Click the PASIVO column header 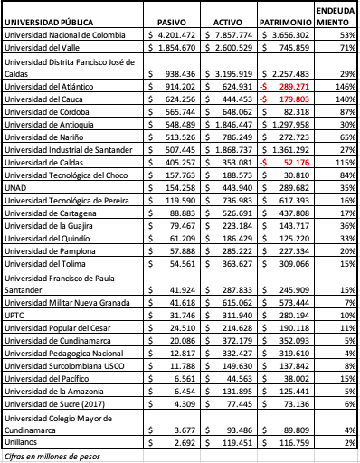coord(172,19)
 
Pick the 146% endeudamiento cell coord(345,84)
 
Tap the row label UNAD coord(16,186)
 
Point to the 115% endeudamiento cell coord(345,161)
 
